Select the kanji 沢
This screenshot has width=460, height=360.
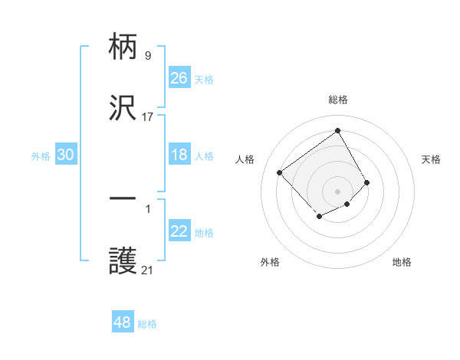[123, 110]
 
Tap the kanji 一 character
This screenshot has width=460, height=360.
[123, 200]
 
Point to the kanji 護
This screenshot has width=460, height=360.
[123, 262]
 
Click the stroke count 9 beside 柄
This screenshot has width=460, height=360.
[147, 55]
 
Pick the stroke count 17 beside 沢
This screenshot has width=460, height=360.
[147, 117]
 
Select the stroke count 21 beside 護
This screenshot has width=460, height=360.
[147, 270]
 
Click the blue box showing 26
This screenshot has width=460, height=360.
[179, 78]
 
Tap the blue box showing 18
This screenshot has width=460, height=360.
[179, 155]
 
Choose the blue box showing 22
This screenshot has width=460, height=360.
[179, 231]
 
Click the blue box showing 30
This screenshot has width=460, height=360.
[66, 155]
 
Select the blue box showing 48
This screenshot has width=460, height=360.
[123, 322]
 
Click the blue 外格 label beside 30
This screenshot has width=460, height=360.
[41, 156]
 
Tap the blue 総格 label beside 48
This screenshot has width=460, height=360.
[147, 324]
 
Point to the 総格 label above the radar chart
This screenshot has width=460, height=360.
[338, 100]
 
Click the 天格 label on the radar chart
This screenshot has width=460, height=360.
[432, 159]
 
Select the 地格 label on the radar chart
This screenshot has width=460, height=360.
[402, 262]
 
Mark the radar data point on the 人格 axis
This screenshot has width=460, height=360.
[280, 172]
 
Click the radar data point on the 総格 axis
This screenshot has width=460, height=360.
[338, 131]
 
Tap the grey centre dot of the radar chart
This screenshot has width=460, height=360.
[338, 191]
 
